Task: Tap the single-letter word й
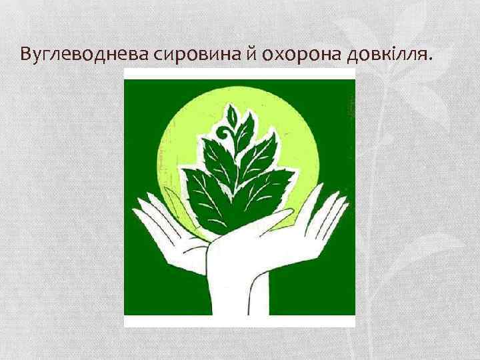253,53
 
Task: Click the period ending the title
431,58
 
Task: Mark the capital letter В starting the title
27,53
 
